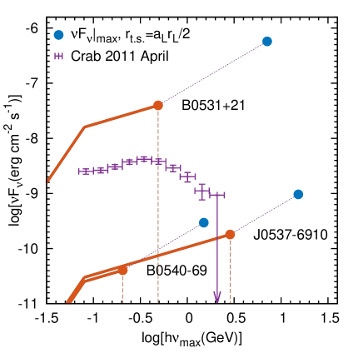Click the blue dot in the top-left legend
coord(58,35)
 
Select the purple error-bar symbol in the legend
coord(58,57)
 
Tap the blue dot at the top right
coord(266,41)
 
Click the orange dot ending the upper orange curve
coord(158,106)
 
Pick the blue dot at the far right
coord(298,194)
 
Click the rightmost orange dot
coord(230,235)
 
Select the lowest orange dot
coord(122,270)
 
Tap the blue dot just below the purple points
coord(204,222)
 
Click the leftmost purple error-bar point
coord(85,172)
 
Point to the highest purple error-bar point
coord(144,158)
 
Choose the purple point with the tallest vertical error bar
coord(201,191)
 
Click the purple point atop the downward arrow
coord(217,195)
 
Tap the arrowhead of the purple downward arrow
coord(217,297)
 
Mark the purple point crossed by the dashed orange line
coord(158,162)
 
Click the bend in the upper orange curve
coord(85,127)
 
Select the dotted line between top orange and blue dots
coord(212,73)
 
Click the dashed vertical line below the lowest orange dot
coord(122,287)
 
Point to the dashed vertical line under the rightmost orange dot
coord(230,271)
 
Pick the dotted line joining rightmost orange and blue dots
coord(264,214)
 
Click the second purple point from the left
coord(100,170)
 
